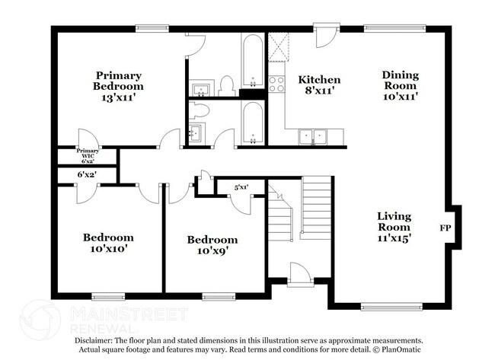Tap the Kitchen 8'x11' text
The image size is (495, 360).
pos(319,85)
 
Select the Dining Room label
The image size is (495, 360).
pos(400,86)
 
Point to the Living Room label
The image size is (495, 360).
pos(394,227)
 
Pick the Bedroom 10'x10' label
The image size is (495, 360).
pos(108,242)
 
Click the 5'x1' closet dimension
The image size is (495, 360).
pos(241,186)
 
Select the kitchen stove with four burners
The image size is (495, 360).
pos(276,83)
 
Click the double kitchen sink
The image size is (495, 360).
pos(312,137)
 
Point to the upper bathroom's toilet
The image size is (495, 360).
pos(226,86)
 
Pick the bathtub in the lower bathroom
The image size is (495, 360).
pos(251,122)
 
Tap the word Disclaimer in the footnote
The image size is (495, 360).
pos(92,340)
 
